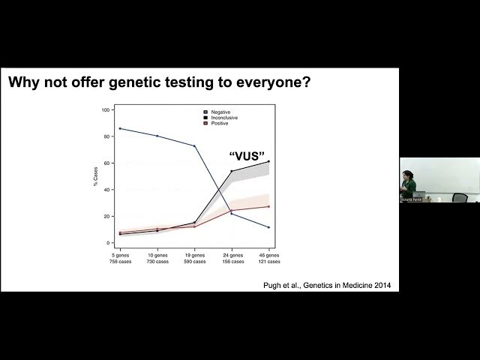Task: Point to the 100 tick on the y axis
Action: tap(106, 109)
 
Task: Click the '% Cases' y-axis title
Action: tap(96, 176)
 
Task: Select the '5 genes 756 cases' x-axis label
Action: tap(119, 258)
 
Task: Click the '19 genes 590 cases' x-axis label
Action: tap(194, 258)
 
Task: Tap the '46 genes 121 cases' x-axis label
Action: tap(268, 258)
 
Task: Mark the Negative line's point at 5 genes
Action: tap(120, 128)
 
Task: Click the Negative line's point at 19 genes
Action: tap(194, 145)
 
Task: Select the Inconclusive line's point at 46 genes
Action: tap(268, 161)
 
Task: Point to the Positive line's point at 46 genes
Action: tap(268, 206)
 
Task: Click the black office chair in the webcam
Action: tap(459, 198)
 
